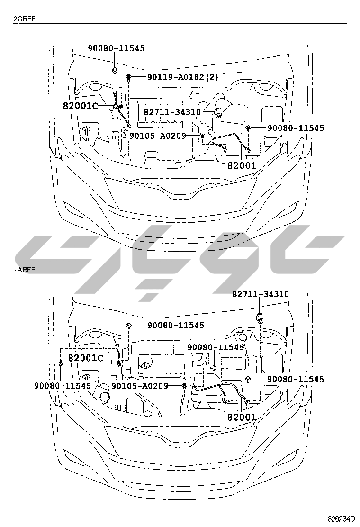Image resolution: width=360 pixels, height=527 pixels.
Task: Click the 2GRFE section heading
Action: (24, 19)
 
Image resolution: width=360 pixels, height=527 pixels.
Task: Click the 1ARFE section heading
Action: (24, 270)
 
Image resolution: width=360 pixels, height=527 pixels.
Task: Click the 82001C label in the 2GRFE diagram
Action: (80, 105)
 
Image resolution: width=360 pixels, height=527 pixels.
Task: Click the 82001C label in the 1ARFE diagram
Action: (85, 357)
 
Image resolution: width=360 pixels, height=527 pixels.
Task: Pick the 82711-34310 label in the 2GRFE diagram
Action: (172, 112)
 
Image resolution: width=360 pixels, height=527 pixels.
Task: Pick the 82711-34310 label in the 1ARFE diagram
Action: (260, 294)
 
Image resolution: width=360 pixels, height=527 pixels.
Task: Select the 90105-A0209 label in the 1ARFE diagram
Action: (140, 386)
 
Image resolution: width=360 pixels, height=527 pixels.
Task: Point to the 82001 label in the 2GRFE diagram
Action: (242, 165)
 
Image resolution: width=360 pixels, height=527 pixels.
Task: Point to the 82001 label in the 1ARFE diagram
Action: (242, 417)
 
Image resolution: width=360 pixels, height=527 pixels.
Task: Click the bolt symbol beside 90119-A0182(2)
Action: (129, 76)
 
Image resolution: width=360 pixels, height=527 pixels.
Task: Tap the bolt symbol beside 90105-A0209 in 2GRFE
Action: (203, 136)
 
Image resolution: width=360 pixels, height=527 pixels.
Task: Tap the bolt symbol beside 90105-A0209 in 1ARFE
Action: (184, 386)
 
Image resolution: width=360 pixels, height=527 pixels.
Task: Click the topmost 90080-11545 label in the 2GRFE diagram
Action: (116, 48)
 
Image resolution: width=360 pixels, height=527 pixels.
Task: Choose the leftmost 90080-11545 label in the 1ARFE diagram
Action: (62, 386)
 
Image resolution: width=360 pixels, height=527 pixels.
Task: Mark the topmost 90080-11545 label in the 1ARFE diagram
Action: (175, 325)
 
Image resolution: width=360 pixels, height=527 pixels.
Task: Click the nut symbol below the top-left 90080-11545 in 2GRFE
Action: (116, 71)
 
